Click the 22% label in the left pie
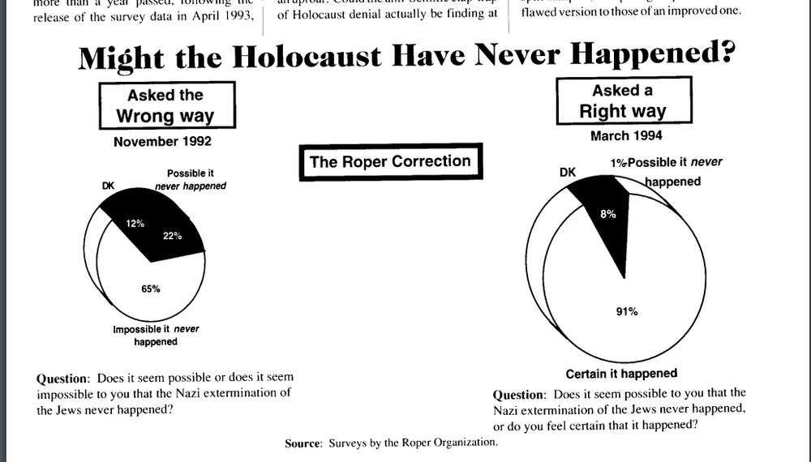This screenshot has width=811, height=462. point(171,237)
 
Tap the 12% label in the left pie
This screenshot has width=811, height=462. point(134,223)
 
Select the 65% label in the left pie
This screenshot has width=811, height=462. point(150,289)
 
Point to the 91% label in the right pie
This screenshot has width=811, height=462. point(627,311)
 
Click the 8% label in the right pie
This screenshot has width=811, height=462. point(608,214)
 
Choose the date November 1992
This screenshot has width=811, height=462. point(162,142)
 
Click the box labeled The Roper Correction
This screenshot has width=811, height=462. point(390,161)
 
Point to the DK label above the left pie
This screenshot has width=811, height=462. point(109,186)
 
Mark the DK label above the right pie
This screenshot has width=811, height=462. point(568,172)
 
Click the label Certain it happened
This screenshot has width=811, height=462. point(621,374)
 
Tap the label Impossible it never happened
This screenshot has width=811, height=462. point(155,336)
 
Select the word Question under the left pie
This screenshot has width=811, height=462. point(62,378)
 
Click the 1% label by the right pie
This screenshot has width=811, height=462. point(618,163)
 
